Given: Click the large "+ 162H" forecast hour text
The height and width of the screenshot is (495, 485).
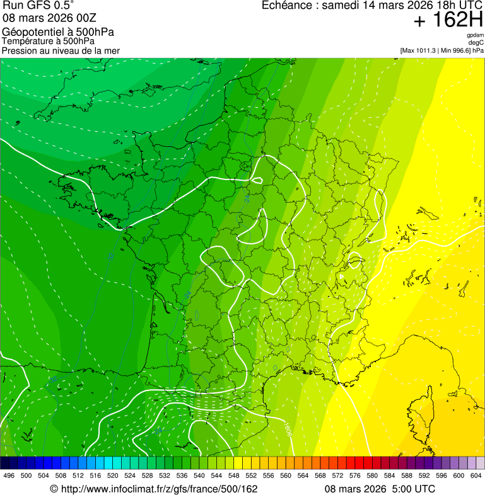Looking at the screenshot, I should click(x=448, y=21).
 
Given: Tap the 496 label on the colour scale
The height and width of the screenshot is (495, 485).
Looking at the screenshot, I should click(x=9, y=475).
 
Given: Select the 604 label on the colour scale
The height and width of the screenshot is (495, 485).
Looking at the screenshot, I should click(x=476, y=475).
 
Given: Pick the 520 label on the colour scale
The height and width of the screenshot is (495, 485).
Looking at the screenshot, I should click(x=113, y=475).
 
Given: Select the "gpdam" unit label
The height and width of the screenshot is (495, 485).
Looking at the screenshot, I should click(x=475, y=36).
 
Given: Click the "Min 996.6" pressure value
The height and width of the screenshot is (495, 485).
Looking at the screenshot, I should click(x=456, y=50).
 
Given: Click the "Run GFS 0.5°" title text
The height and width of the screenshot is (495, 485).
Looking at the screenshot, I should click(x=38, y=6).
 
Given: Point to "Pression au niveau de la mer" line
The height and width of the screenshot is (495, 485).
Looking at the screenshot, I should click(x=61, y=50).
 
